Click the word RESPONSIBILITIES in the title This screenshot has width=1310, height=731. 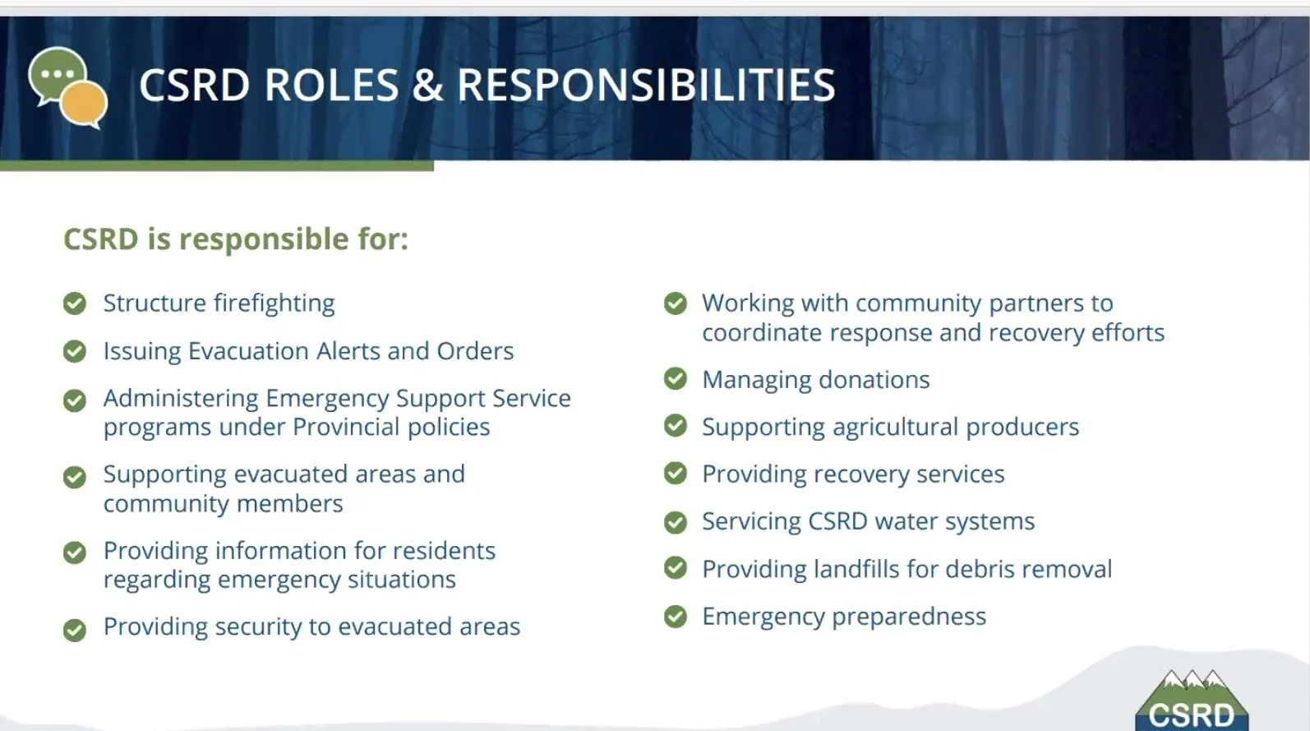[x=646, y=86]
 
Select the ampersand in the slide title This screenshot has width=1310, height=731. [x=427, y=86]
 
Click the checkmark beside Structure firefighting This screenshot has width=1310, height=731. [x=75, y=303]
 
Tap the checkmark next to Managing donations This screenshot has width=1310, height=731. [x=676, y=379]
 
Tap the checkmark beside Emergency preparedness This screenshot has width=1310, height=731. [x=676, y=616]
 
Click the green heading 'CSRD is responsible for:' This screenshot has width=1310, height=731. [x=236, y=239]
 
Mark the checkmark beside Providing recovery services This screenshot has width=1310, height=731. [x=676, y=474]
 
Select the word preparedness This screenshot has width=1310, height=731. [x=908, y=617]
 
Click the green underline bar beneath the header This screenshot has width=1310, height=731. [x=217, y=166]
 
